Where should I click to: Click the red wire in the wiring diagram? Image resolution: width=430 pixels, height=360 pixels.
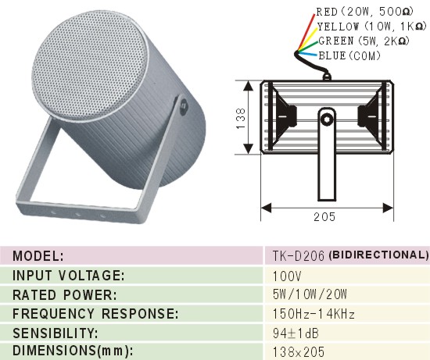[306, 32]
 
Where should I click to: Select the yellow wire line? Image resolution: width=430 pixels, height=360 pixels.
[308, 39]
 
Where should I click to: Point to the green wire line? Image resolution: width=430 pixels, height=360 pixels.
[308, 46]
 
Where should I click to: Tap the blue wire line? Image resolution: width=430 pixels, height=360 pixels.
[308, 53]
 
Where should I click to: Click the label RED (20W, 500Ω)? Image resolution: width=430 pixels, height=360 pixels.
[364, 12]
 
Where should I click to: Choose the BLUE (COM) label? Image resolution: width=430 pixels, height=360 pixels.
[349, 55]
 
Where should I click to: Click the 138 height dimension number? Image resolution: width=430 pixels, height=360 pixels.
[241, 119]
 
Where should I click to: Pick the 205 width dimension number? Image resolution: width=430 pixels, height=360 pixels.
[324, 217]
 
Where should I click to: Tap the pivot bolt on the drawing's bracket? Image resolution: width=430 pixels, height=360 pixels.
[327, 119]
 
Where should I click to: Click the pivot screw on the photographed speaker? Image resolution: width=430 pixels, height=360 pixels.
[183, 105]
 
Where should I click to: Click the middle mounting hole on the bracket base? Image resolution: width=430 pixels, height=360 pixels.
[78, 214]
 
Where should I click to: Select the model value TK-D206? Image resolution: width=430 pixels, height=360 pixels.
[299, 256]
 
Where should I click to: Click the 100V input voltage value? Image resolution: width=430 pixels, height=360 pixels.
[287, 276]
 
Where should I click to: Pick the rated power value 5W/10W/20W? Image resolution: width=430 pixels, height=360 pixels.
[310, 294]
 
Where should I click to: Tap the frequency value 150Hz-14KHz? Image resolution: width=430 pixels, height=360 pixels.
[314, 314]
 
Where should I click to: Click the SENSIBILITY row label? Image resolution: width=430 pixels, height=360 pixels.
[56, 333]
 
